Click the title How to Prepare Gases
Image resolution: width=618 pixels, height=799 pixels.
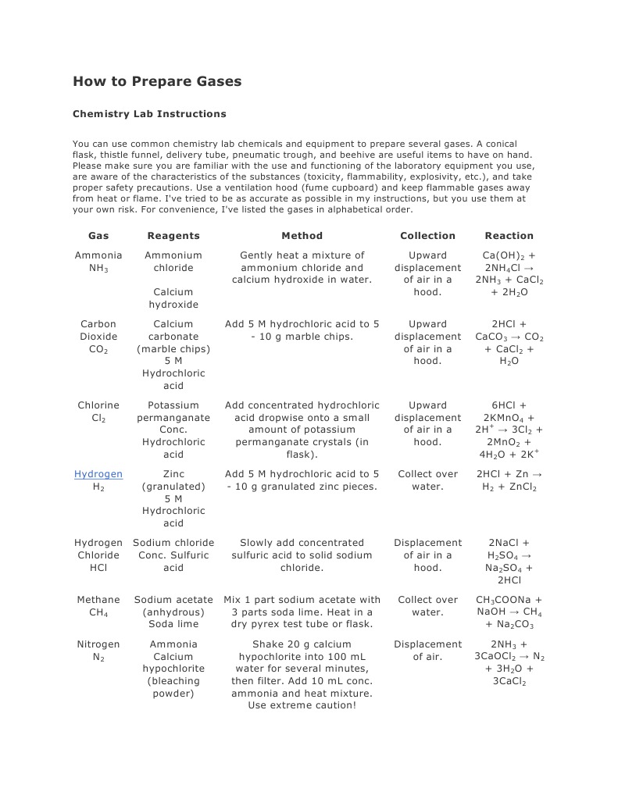click(157, 81)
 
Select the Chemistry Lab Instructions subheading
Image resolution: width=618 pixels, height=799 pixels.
click(149, 114)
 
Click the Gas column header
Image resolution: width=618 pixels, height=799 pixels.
click(98, 236)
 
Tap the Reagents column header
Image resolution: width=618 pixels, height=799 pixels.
click(173, 236)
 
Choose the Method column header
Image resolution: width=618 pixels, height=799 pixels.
click(302, 236)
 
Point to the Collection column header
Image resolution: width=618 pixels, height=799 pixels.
click(427, 236)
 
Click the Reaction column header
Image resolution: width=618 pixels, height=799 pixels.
click(509, 236)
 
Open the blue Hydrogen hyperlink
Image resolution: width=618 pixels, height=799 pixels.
click(98, 474)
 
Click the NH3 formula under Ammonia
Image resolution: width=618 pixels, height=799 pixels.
click(98, 268)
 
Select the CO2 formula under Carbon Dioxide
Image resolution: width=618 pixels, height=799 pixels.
click(98, 349)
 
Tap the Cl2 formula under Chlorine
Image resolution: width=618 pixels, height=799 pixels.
click(98, 418)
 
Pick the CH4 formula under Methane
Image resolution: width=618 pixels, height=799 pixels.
click(98, 612)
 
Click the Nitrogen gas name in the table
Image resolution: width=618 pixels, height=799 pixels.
click(98, 644)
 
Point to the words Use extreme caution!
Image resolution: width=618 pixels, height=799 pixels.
click(302, 705)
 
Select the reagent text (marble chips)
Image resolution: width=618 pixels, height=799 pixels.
click(173, 349)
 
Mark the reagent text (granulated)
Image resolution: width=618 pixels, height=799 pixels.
click(173, 487)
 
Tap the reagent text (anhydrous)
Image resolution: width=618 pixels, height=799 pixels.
click(173, 612)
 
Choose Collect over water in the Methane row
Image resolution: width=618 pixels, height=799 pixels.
click(427, 606)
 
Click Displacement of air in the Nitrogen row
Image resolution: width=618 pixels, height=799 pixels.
click(427, 651)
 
